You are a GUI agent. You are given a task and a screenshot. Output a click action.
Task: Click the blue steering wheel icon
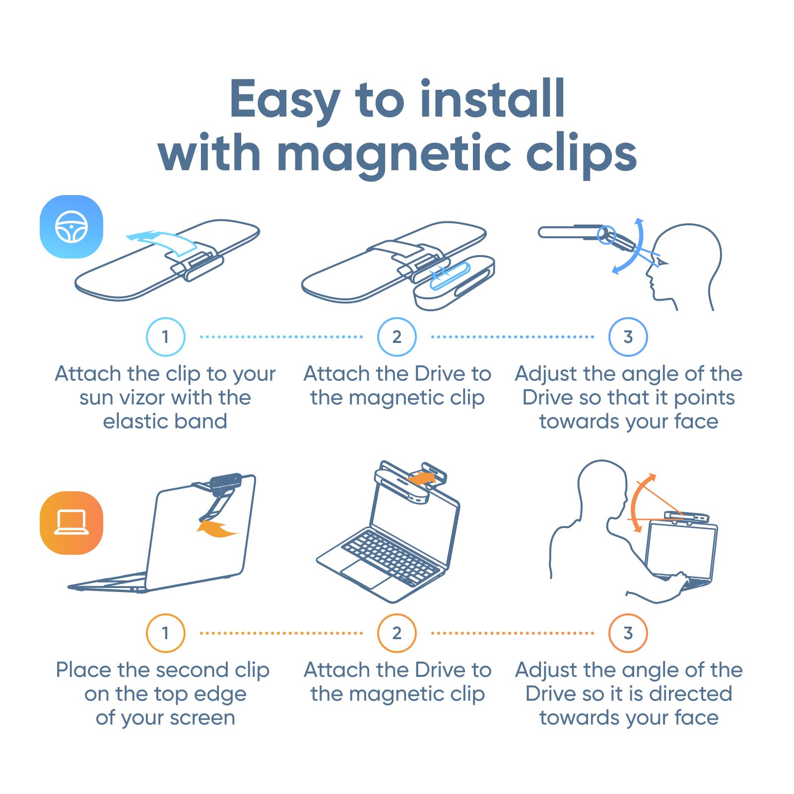[x=71, y=227]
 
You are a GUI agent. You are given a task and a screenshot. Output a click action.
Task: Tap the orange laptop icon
[x=71, y=523]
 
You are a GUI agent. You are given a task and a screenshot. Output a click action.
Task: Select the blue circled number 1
[x=166, y=337]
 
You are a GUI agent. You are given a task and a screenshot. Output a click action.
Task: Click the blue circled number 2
[x=397, y=337]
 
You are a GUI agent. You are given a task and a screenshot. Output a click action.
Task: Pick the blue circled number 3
[x=628, y=337]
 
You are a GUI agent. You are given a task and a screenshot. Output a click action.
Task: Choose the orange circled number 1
[x=166, y=633]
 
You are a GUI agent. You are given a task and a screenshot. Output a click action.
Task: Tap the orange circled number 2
[x=397, y=633]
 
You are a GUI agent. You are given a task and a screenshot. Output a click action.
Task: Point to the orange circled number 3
[x=628, y=633]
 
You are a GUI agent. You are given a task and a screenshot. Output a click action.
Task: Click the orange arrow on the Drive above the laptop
[x=422, y=479]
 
